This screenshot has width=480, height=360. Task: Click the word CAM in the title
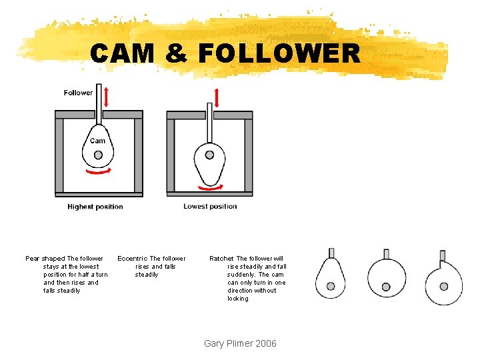(x=122, y=53)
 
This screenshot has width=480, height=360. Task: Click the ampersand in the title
(x=176, y=53)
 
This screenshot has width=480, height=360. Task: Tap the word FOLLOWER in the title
(x=279, y=53)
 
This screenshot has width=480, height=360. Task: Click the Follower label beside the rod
(x=78, y=93)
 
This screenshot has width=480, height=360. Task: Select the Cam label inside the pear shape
(x=97, y=141)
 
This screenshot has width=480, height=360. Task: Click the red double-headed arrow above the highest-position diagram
(x=106, y=97)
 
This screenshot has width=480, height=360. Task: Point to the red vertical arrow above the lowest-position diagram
(x=217, y=98)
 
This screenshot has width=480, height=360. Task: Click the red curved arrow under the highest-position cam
(x=99, y=171)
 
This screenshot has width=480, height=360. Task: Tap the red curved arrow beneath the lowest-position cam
(x=211, y=187)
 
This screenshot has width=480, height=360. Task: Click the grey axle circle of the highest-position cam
(x=98, y=155)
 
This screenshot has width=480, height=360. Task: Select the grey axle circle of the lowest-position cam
(x=210, y=155)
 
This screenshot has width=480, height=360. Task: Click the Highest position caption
(x=95, y=207)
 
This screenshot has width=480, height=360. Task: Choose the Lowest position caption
(x=210, y=206)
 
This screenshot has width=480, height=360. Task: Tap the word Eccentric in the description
(x=133, y=259)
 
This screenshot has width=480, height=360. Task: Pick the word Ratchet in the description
(x=221, y=259)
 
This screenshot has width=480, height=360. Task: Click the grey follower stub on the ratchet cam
(x=443, y=255)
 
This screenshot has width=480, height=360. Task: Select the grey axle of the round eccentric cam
(x=386, y=287)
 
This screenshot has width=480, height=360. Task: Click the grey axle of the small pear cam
(x=331, y=286)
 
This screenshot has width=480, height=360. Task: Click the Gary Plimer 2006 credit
(x=240, y=343)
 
